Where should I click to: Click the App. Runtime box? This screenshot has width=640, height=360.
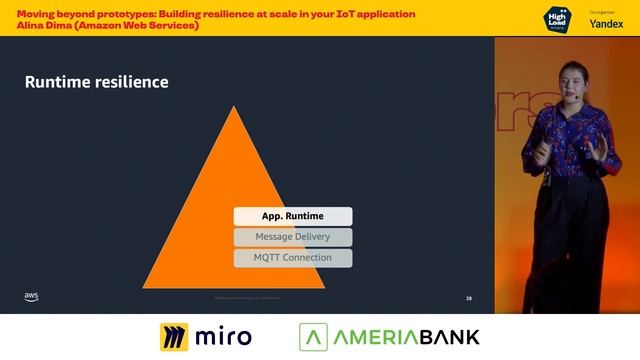[x=292, y=216]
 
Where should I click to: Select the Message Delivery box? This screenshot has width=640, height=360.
[x=292, y=237]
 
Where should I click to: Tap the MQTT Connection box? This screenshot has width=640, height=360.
[x=292, y=258]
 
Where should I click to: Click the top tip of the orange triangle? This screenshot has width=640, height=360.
[x=234, y=106]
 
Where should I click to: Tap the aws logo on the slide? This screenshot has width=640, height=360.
[x=31, y=296]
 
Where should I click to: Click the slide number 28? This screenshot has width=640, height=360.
[x=469, y=298]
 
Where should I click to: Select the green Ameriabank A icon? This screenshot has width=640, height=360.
[x=315, y=337]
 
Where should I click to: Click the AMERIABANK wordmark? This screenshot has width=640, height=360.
[x=406, y=337]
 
